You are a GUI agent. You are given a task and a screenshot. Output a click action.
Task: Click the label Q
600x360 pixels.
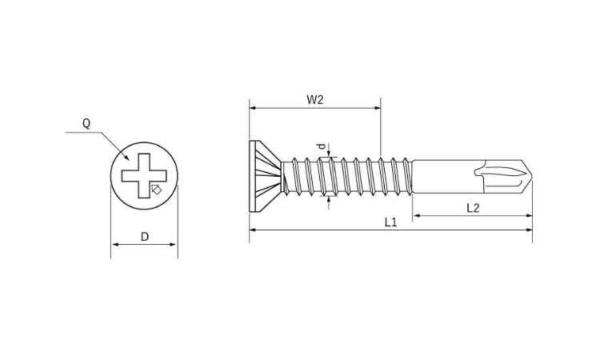pyautogui.click(x=87, y=123)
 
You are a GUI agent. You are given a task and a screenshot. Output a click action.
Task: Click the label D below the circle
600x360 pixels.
pyautogui.click(x=145, y=237)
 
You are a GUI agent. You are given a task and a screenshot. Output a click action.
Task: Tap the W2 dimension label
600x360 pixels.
pyautogui.click(x=315, y=100)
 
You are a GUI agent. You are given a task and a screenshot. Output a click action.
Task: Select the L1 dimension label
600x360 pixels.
pyautogui.click(x=391, y=222)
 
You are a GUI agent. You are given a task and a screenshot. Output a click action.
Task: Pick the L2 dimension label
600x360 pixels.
pyautogui.click(x=473, y=208)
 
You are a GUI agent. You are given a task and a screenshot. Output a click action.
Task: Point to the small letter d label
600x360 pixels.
pyautogui.click(x=322, y=146)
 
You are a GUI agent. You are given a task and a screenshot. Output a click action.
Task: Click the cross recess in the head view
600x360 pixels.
pyautogui.click(x=144, y=176)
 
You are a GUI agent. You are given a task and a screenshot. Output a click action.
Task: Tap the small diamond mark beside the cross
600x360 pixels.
pyautogui.click(x=156, y=190)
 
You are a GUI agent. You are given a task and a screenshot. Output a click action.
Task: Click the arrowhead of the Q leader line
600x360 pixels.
pyautogui.click(x=126, y=157)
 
